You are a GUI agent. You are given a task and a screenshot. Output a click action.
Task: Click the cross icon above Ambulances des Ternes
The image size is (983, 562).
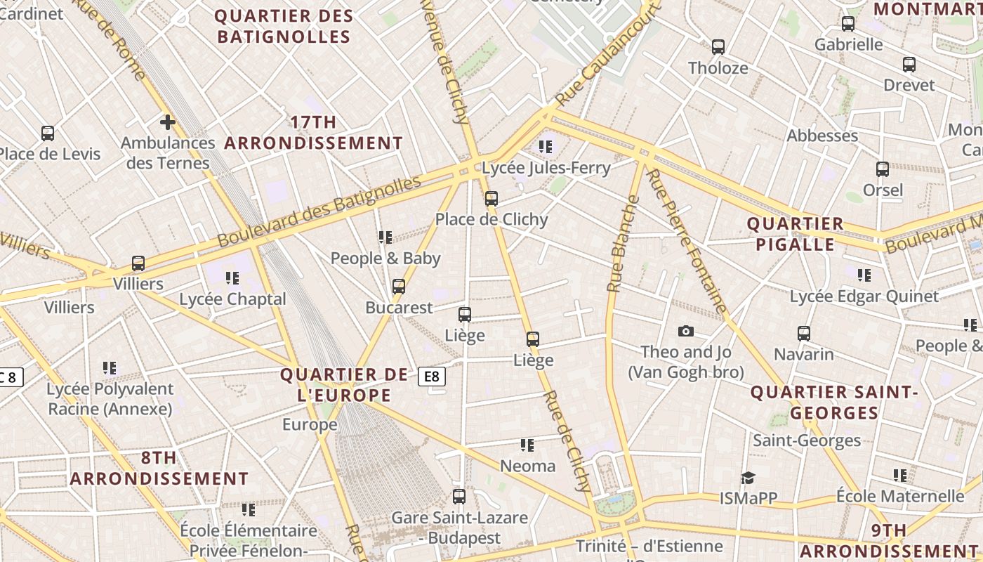pyautogui.click(x=167, y=122)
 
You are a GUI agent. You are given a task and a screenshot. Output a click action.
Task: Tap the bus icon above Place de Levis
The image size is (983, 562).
pyautogui.click(x=48, y=133)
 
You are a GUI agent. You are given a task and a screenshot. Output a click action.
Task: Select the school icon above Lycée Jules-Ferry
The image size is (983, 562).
pyautogui.click(x=546, y=147)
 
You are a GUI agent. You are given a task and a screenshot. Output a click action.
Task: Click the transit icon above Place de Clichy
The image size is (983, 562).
pyautogui.click(x=491, y=199)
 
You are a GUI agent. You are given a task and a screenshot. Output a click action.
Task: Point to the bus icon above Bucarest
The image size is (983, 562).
pyautogui.click(x=399, y=287)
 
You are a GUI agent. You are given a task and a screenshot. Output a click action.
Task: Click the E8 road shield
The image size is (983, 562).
pyautogui.click(x=432, y=377)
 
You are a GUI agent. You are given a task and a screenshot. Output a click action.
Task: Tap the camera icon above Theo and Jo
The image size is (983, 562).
pyautogui.click(x=686, y=331)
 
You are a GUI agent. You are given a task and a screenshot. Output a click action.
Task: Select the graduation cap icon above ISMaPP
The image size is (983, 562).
pyautogui.click(x=748, y=478)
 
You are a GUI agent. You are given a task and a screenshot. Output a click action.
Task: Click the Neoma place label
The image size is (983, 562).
pyautogui.click(x=527, y=466)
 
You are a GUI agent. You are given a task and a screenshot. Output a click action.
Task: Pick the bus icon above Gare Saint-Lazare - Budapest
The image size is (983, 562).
pyautogui.click(x=459, y=497)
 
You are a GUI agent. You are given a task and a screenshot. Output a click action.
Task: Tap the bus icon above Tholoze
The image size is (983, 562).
pyautogui.click(x=718, y=47)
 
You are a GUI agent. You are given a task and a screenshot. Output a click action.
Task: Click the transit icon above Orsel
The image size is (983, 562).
pyautogui.click(x=883, y=169)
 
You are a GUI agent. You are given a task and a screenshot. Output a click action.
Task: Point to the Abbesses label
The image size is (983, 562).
pyautogui.click(x=822, y=136)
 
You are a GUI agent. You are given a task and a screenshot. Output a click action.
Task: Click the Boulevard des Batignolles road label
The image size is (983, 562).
pyautogui.click(x=319, y=211)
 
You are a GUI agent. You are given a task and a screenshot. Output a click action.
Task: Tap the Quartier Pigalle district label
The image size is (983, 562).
pyautogui.click(x=795, y=234)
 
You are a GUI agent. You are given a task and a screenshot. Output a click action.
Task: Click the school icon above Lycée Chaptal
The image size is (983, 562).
pyautogui.click(x=232, y=278)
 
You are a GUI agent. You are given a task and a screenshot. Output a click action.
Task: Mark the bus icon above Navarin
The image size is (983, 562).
pyautogui.click(x=804, y=334)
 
